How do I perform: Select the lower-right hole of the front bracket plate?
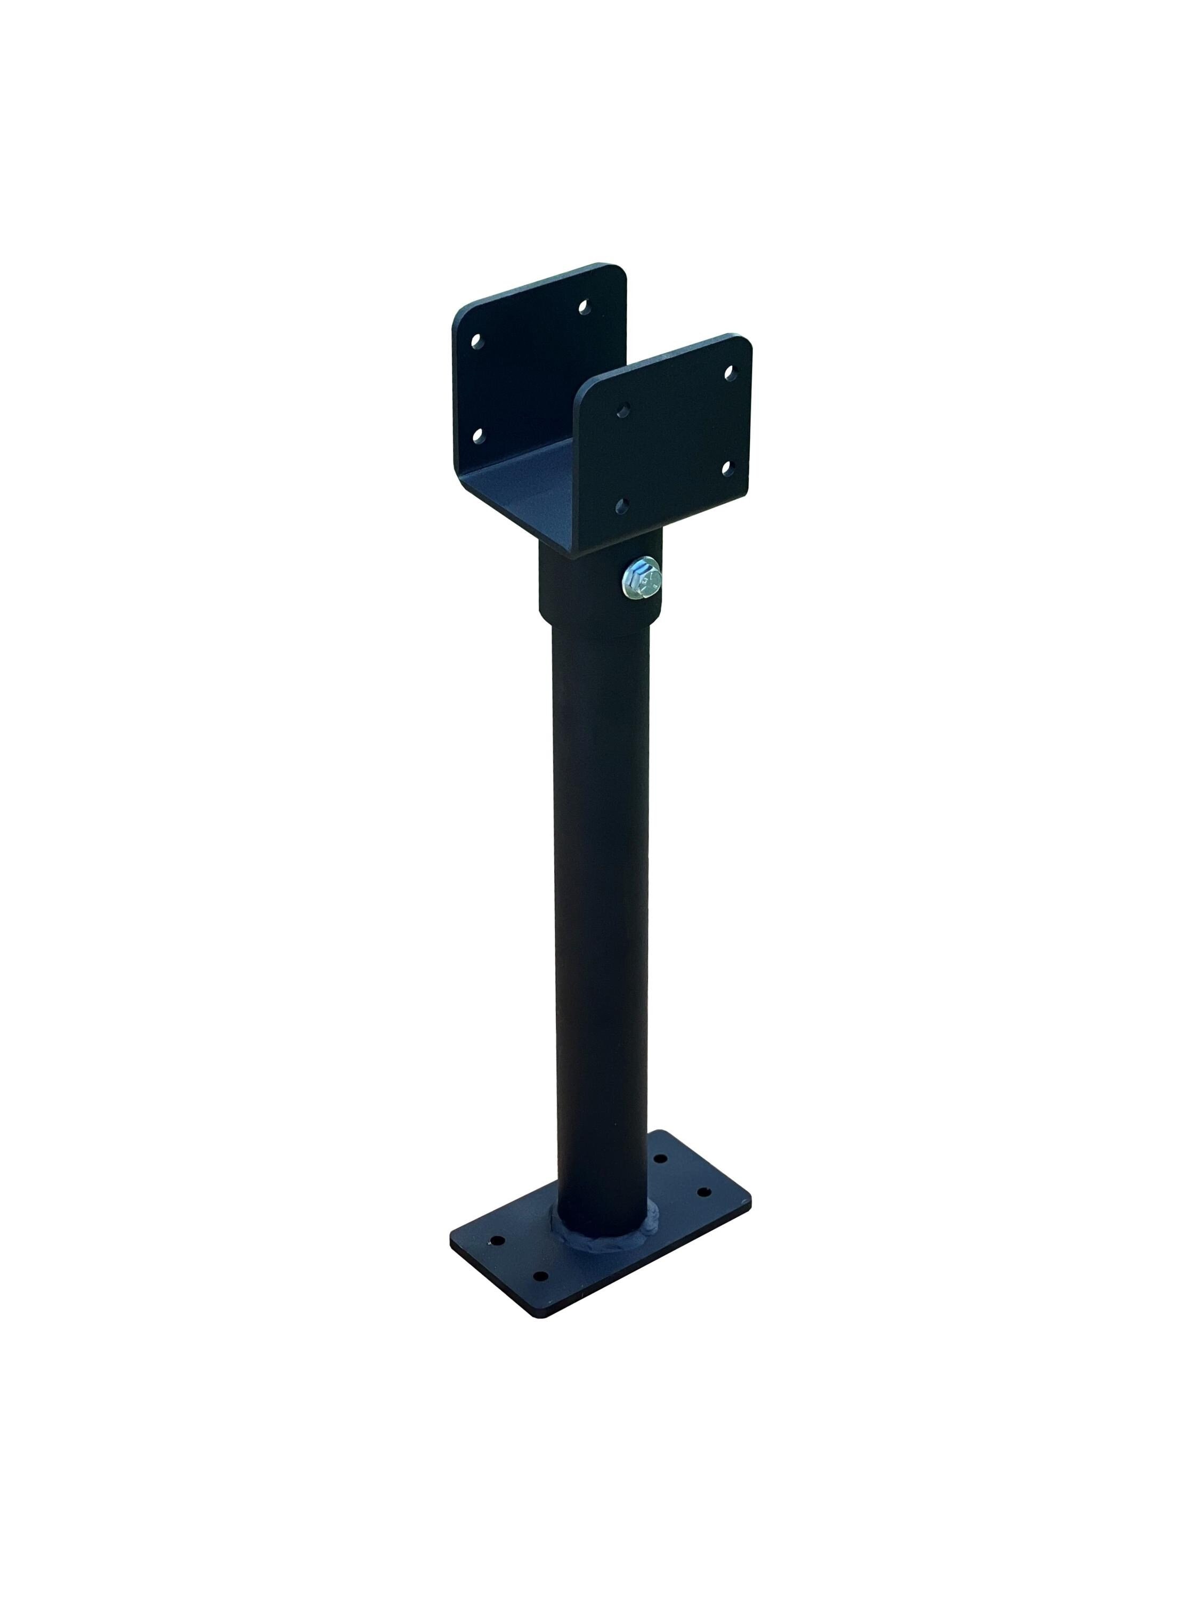726,469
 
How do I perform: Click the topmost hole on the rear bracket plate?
582,307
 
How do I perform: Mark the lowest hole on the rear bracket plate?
476,435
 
